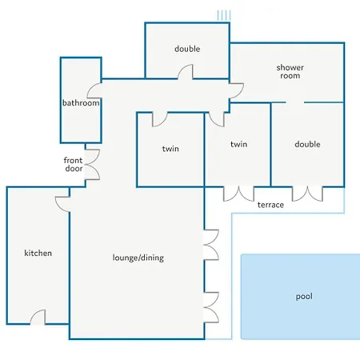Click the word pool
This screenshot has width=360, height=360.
304,297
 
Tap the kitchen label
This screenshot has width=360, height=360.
38,253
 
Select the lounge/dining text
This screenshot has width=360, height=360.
138,258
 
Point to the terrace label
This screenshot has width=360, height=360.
270,205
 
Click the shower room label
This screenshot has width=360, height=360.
290,71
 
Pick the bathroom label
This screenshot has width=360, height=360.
81,102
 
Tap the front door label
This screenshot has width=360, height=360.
73,164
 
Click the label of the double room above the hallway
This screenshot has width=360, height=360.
187,49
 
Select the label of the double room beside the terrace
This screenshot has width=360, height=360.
307,144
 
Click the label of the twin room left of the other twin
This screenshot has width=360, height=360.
170,149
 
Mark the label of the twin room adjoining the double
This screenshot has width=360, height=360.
238,144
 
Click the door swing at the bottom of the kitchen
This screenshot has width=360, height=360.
38,318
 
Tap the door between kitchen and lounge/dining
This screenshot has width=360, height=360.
62,204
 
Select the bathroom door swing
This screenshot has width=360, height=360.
94,90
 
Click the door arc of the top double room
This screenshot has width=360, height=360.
186,72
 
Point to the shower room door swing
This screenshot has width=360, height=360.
236,90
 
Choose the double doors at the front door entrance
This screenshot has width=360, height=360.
92,164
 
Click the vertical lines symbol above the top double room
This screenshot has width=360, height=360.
224,15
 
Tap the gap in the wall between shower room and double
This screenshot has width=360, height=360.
295,102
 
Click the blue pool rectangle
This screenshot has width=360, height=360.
301,297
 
